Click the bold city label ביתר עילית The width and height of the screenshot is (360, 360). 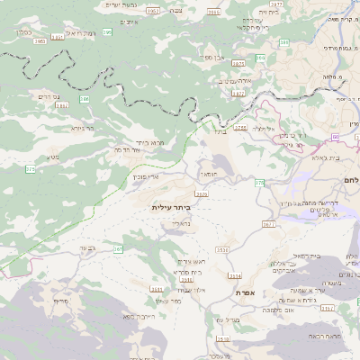[x=171, y=207]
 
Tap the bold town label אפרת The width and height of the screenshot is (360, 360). [x=247, y=292]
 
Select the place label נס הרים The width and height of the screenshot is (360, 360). [x=50, y=94]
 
